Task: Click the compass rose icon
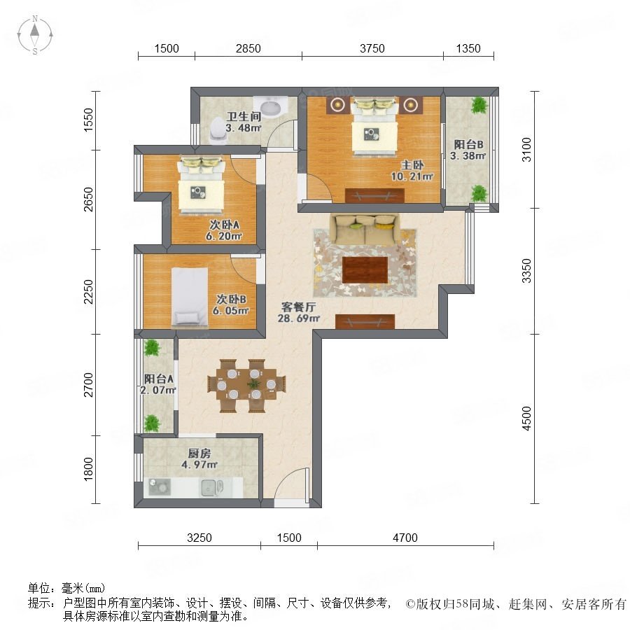point(35,35)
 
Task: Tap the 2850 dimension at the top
point(248,48)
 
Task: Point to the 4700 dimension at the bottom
point(405,538)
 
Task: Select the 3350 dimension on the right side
point(526,271)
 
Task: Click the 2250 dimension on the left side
point(88,292)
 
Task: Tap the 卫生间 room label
point(244,116)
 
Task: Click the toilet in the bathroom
point(218,130)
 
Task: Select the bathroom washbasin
point(271,106)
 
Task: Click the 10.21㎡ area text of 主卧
point(412,176)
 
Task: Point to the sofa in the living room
point(365,230)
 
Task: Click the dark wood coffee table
point(365,270)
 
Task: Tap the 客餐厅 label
point(298,307)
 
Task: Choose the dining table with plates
point(246,385)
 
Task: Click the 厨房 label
point(199,454)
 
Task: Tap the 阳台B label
point(468,144)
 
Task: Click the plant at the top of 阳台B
point(479,105)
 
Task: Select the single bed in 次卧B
point(190,297)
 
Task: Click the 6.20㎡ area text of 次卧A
point(224,237)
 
